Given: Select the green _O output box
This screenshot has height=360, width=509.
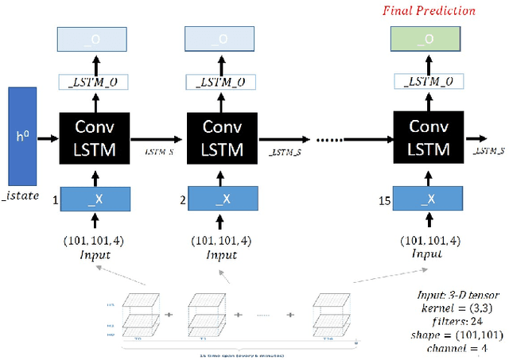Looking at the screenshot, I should click(x=429, y=39).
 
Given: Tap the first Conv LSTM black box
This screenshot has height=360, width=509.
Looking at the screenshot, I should click(x=95, y=138).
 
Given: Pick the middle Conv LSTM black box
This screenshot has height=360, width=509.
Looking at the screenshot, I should click(x=220, y=138).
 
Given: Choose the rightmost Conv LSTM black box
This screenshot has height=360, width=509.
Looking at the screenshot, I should click(x=429, y=138).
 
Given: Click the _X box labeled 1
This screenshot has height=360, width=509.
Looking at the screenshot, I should click(x=95, y=199).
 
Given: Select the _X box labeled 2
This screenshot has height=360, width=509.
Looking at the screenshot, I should click(x=222, y=199).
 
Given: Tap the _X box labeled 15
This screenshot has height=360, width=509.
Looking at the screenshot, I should click(x=429, y=199).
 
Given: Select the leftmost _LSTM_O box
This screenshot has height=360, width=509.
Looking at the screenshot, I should click(x=95, y=82).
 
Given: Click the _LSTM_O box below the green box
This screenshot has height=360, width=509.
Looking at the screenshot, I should click(x=429, y=82).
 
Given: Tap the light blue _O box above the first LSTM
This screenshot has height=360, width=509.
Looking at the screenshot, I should click(x=95, y=39).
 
